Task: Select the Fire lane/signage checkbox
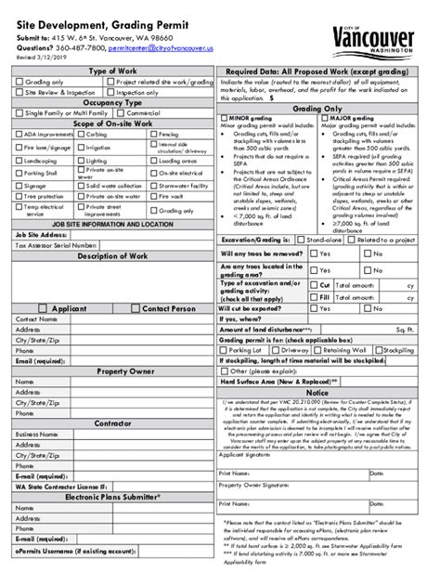(x=19, y=147)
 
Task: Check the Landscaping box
(x=19, y=160)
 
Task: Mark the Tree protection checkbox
(x=19, y=197)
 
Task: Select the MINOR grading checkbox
(x=223, y=119)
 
